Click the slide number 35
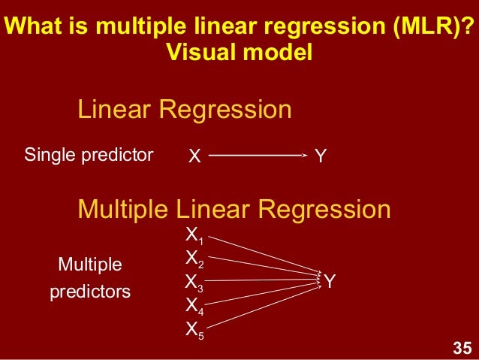(x=461, y=348)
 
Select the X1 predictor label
(x=194, y=236)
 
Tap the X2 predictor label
(x=194, y=259)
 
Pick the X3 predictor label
(x=194, y=283)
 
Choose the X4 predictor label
(x=194, y=307)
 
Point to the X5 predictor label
(x=194, y=330)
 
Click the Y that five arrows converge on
(x=330, y=281)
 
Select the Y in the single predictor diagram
(x=321, y=156)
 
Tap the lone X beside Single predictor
(x=194, y=156)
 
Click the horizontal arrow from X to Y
(x=255, y=156)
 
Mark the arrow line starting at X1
(x=263, y=255)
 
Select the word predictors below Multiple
(x=90, y=292)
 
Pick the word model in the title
(x=280, y=53)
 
